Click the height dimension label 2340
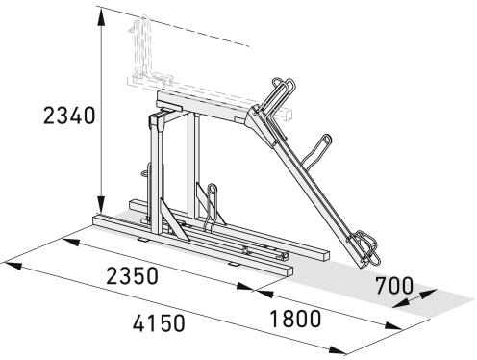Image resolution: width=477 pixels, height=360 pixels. pyautogui.click(x=69, y=116)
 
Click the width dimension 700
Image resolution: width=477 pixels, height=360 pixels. pyautogui.click(x=394, y=286)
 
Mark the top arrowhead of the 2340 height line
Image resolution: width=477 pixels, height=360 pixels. pyautogui.click(x=100, y=12)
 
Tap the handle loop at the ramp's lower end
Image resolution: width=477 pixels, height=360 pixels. pyautogui.click(x=366, y=247)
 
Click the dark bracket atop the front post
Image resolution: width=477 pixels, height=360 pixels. pyautogui.click(x=161, y=122)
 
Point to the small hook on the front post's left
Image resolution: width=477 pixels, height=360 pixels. pyautogui.click(x=146, y=175)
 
